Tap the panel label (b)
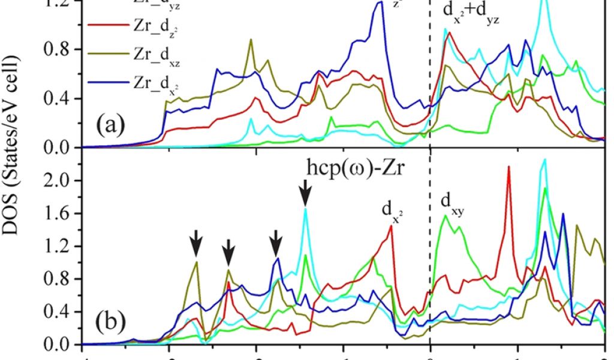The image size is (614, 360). point(109,322)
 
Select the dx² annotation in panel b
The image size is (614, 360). point(392,209)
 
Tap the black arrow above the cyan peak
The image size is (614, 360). point(305,193)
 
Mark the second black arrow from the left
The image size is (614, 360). point(228,253)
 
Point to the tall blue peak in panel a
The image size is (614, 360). point(380,3)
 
